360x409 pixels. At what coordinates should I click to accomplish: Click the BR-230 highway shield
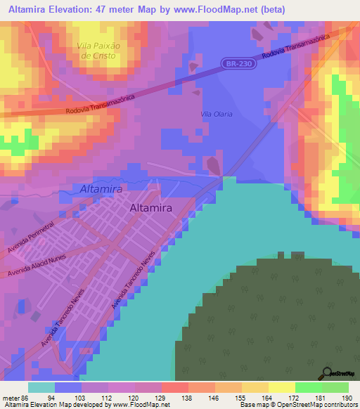pos(238,64)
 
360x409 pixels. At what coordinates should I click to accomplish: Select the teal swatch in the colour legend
pos(41,387)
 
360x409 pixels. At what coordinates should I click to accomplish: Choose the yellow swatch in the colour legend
pos(281,387)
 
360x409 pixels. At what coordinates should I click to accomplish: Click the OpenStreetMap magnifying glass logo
pos(327,373)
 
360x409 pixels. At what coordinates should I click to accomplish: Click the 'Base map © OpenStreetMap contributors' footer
pos(298,405)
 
